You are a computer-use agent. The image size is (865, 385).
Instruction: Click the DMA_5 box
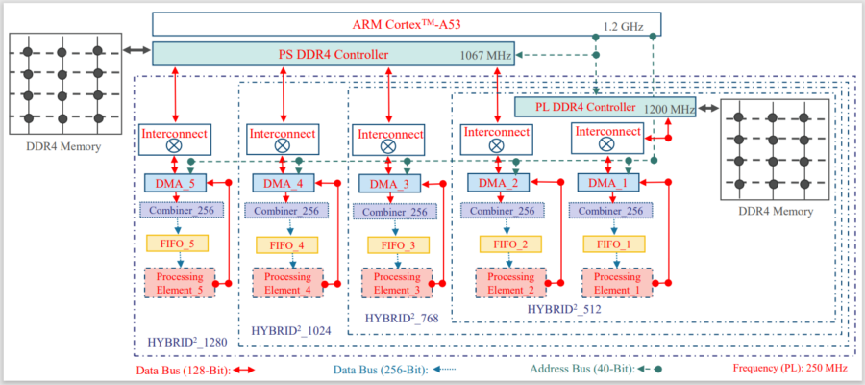173,181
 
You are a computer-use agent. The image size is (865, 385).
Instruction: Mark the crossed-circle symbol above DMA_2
496,146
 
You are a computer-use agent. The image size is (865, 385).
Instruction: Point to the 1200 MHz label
669,110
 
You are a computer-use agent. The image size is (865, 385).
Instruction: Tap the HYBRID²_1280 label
188,342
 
